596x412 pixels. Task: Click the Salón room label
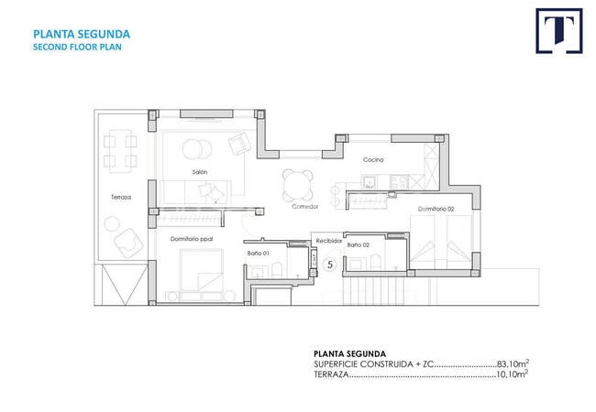tap(200, 172)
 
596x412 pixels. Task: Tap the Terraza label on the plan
tap(121, 197)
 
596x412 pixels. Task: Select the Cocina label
tap(373, 159)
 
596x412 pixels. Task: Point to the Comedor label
tap(304, 206)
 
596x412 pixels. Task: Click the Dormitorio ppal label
tap(192, 239)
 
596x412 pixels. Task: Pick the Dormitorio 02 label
tap(436, 209)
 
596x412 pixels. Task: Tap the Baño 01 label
tap(258, 253)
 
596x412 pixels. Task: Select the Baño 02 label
tap(358, 245)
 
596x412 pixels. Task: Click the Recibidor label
tap(329, 241)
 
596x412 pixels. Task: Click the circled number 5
tap(330, 265)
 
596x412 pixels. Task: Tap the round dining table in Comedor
tap(298, 186)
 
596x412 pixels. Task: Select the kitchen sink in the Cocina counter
tap(369, 182)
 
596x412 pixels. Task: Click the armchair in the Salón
tap(239, 144)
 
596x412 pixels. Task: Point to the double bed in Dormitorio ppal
tap(202, 270)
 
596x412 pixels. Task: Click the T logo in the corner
tap(559, 31)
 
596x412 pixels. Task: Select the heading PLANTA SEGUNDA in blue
tap(82, 34)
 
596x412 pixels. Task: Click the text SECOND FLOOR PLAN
tap(77, 47)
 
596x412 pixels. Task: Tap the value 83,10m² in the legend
tap(513, 363)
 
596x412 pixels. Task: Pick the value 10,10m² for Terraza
tap(512, 374)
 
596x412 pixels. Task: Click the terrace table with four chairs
tap(120, 151)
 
